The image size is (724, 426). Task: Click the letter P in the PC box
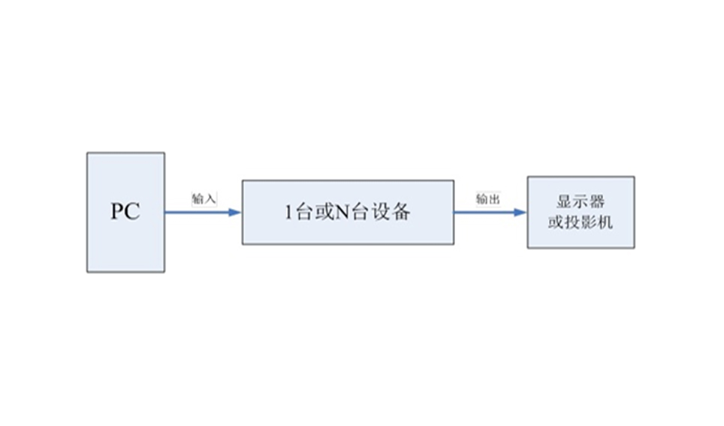pos(117,211)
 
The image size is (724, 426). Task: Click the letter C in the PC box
pos(132,211)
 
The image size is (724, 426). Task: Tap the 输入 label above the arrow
pos(204,199)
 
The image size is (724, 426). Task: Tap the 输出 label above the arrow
pos(488,199)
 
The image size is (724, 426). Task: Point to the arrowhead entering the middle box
pos(235,213)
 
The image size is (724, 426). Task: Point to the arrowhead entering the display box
pos(520,213)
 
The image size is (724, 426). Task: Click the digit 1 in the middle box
pos(288,212)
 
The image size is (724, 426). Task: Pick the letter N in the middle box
pos(342,212)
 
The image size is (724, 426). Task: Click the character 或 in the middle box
pos(324,212)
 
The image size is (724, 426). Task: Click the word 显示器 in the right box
pos(581,201)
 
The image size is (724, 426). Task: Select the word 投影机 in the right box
pos(589,222)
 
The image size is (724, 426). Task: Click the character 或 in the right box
pos(556,222)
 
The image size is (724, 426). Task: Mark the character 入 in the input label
pos(210,199)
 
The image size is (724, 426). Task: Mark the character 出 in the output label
pos(494,199)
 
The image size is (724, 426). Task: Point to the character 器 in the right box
pos(596,201)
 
